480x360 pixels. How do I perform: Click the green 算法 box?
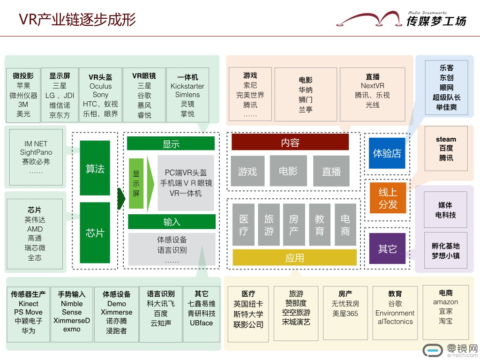coord(95,168)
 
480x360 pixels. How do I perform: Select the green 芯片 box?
coord(95,232)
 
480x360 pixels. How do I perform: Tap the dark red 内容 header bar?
coord(290,142)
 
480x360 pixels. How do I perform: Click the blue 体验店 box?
coord(387,153)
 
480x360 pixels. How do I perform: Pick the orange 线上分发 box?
coord(387,197)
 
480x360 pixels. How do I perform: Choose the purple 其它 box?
coord(387,248)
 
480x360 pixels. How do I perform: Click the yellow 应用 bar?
coord(294,257)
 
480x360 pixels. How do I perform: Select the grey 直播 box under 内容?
coord(331,171)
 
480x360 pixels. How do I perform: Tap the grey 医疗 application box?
coord(244,225)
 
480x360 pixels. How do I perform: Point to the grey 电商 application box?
coord(345,225)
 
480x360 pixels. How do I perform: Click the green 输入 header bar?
coord(172,222)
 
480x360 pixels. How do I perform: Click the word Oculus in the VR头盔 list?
coord(101,86)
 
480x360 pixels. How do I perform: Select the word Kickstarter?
coord(187,86)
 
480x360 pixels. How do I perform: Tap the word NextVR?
coord(373,86)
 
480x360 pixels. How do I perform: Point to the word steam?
coord(446,139)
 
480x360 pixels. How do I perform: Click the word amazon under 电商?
coord(445,302)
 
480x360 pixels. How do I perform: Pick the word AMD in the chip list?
coord(35,229)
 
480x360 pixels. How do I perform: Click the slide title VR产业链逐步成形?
coord(77,19)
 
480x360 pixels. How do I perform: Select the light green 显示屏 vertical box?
coord(135,184)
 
